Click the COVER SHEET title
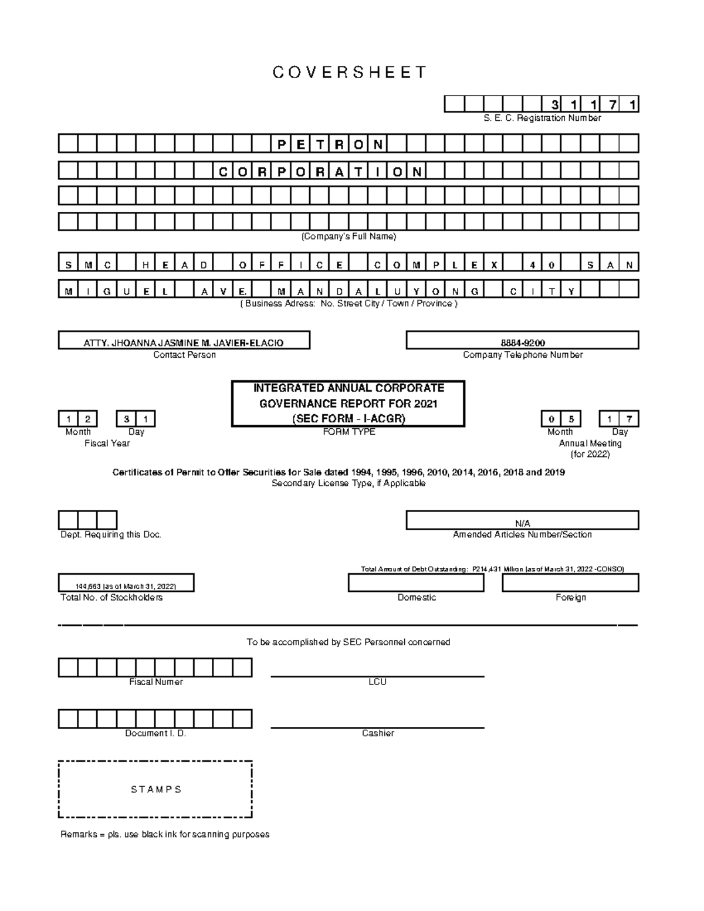click(350, 72)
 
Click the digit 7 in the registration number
click(612, 105)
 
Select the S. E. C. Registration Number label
click(541, 118)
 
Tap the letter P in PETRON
click(280, 144)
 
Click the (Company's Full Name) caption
click(348, 236)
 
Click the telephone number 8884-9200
click(522, 343)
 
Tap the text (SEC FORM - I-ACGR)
click(348, 419)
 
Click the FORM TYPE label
click(348, 432)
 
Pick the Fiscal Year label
click(107, 443)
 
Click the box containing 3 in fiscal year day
click(126, 419)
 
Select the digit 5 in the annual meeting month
click(570, 419)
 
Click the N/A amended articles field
click(522, 522)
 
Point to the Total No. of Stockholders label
click(111, 597)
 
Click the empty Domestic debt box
click(416, 583)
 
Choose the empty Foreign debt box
click(570, 583)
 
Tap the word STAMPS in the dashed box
click(155, 790)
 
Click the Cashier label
click(378, 733)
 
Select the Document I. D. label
click(155, 733)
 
